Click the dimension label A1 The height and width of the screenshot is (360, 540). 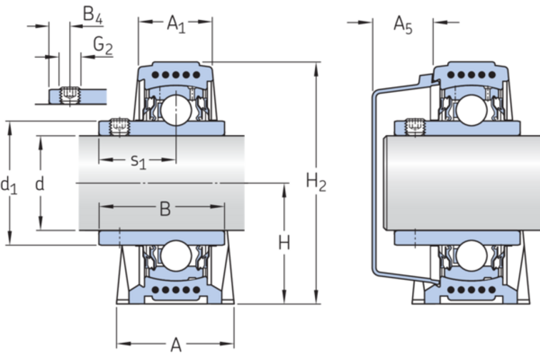click(x=176, y=24)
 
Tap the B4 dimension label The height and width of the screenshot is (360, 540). click(x=92, y=14)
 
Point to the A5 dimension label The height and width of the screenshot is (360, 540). click(x=403, y=25)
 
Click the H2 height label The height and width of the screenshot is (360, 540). click(x=316, y=183)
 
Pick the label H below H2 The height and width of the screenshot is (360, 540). click(x=284, y=244)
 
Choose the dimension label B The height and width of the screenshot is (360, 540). click(x=164, y=209)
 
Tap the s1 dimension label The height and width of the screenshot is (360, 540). click(x=138, y=161)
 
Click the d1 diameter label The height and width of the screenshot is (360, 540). click(x=9, y=186)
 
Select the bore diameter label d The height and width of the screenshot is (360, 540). click(x=40, y=184)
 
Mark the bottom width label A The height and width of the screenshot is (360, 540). click(x=176, y=346)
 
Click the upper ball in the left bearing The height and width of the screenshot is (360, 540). click(x=174, y=109)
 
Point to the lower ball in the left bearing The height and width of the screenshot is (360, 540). click(x=174, y=256)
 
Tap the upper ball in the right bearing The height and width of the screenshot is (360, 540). click(x=471, y=110)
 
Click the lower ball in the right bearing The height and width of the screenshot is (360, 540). click(x=471, y=256)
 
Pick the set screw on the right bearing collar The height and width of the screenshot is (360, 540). click(x=415, y=126)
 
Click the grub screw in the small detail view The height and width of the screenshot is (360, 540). click(x=69, y=94)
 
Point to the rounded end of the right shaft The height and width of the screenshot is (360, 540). click(x=389, y=183)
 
